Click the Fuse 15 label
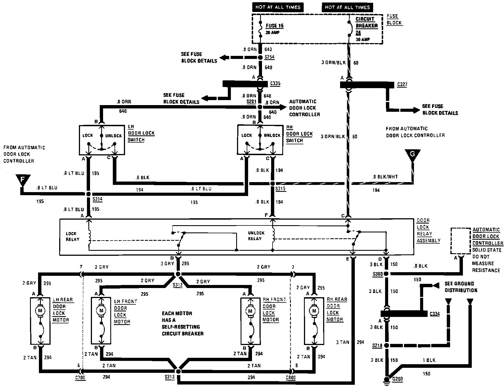tap(275, 26)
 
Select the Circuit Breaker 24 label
tap(366, 26)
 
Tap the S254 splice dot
tap(260, 58)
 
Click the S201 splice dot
tap(260, 107)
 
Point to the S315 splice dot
tap(273, 184)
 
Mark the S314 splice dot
tap(89, 194)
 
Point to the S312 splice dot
tap(178, 274)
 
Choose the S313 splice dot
tap(178, 371)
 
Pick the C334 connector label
tap(435, 314)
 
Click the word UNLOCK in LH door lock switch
tap(113, 136)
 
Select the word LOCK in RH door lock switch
tap(246, 135)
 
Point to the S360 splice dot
tap(386, 274)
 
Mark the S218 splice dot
tap(386, 346)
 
